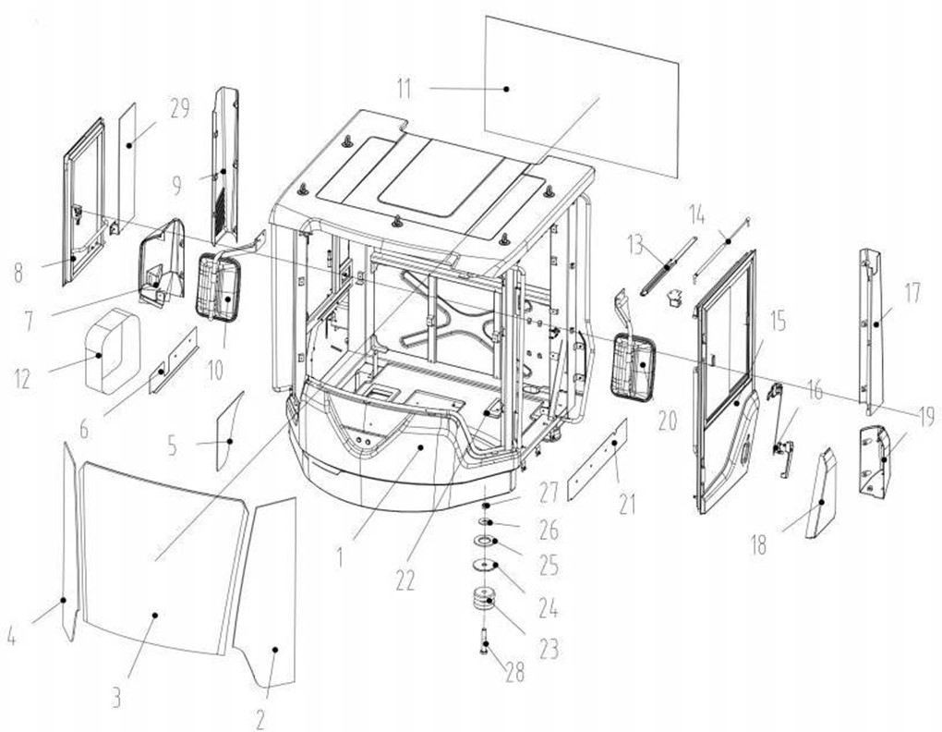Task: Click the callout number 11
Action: click(405, 89)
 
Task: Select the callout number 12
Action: click(22, 379)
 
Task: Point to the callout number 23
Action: click(549, 649)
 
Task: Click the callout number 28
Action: click(514, 673)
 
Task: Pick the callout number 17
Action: click(912, 293)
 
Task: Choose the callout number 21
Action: click(626, 505)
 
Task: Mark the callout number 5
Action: click(173, 445)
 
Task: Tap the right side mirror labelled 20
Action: click(633, 369)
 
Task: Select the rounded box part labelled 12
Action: click(113, 350)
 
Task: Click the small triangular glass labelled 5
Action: click(229, 431)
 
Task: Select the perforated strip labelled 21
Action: click(598, 460)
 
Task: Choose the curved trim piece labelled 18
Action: click(821, 492)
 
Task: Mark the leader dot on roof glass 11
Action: click(506, 89)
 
